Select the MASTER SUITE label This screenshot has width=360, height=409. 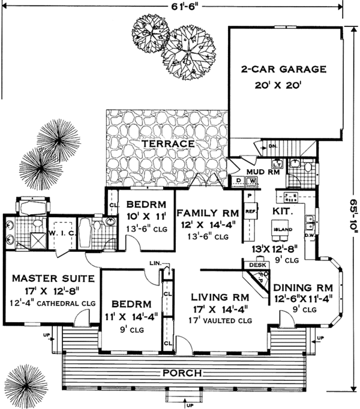pos(53,278)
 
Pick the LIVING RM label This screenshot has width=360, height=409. pos(220,297)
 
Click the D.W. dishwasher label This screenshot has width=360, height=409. pos(310,235)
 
